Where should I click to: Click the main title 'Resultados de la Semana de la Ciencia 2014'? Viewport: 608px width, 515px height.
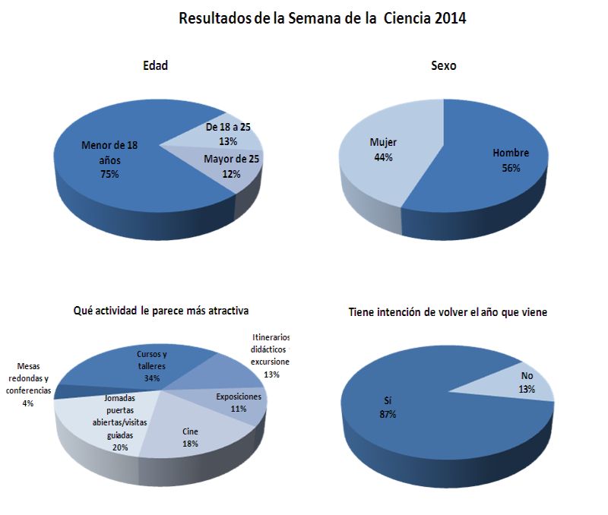tap(322, 18)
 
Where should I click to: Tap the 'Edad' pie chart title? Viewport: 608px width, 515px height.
tap(155, 66)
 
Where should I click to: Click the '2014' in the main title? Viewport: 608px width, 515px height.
tap(450, 18)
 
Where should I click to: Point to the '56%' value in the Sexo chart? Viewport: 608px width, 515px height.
tap(511, 168)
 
